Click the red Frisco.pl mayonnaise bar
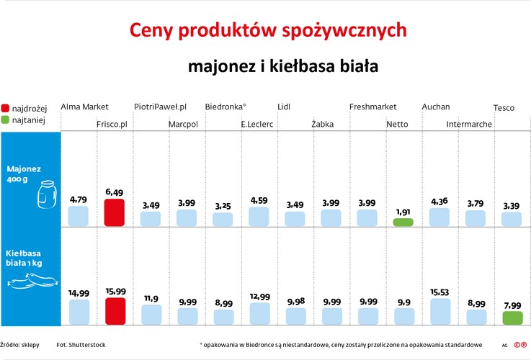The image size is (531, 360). click(115, 213)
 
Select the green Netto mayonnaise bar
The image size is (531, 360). click(403, 222)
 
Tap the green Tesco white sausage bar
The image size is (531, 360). click(512, 318)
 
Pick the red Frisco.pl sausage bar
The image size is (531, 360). click(115, 311)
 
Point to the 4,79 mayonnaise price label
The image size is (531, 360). click(79, 199)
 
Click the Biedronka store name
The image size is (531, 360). click(226, 107)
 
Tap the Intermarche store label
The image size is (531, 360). click(469, 125)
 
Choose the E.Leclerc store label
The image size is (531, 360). click(257, 125)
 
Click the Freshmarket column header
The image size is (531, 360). click(372, 107)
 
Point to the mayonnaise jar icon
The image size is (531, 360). click(47, 194)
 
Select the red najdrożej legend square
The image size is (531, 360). click(6, 108)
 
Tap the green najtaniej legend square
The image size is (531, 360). click(6, 120)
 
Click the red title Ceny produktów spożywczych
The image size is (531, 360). click(267, 30)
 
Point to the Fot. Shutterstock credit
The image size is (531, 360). click(81, 345)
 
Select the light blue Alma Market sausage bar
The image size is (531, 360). click(79, 312)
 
